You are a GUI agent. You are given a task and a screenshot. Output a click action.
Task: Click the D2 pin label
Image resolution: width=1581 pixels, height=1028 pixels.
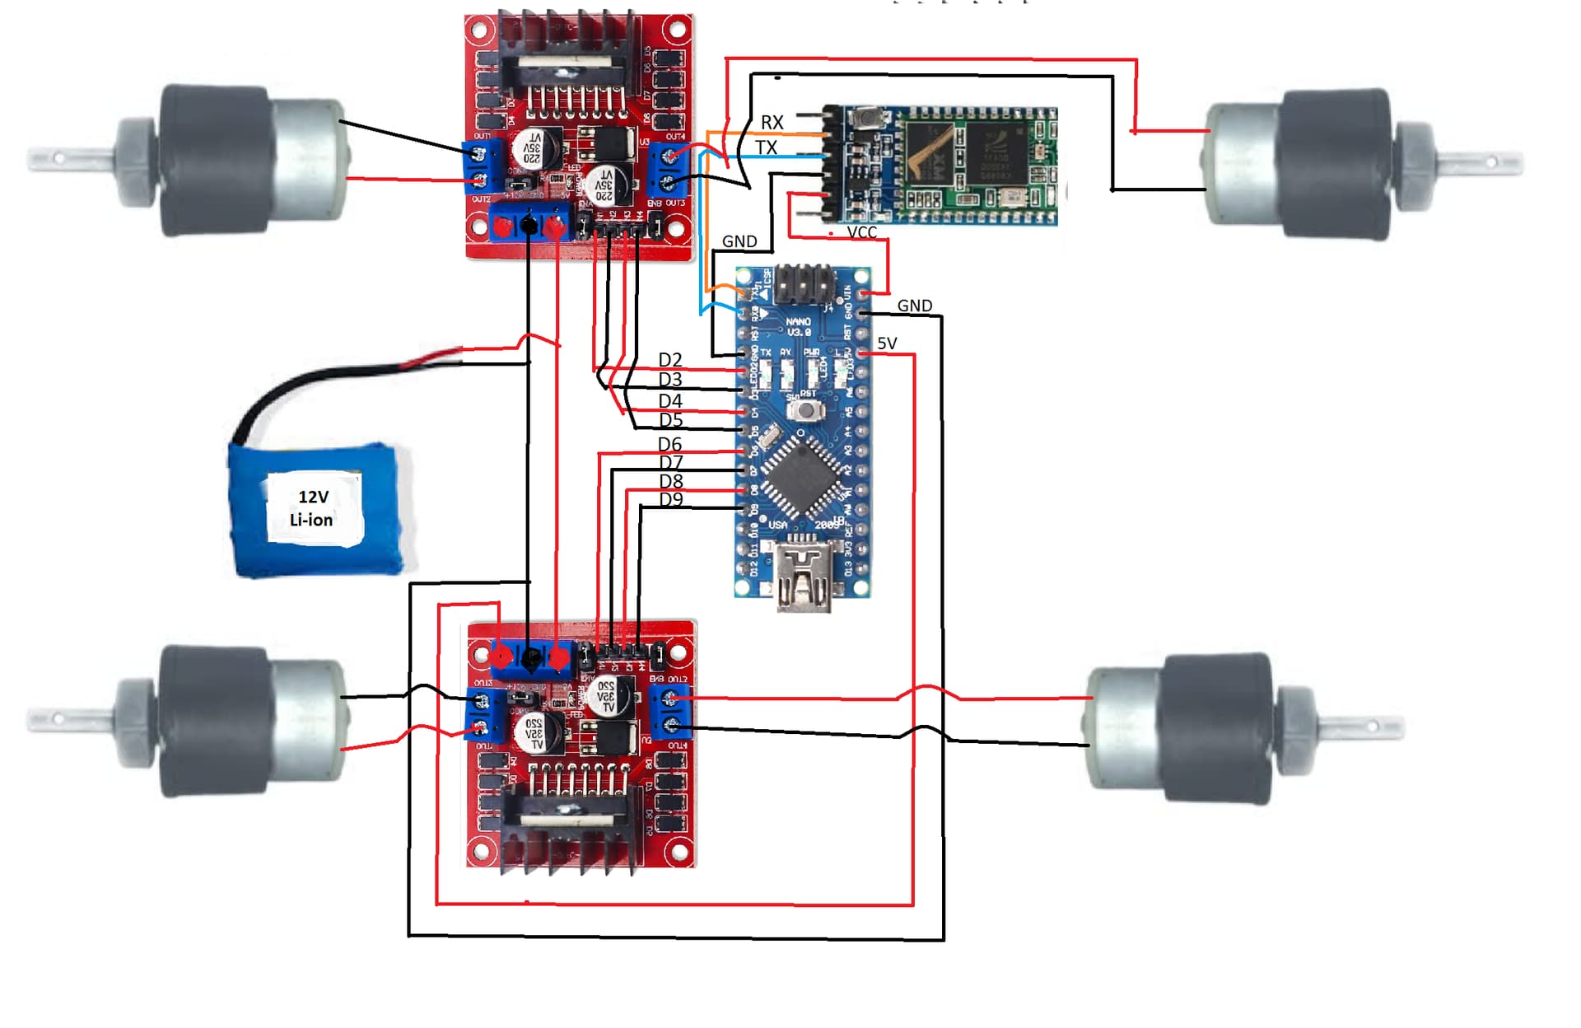(x=670, y=360)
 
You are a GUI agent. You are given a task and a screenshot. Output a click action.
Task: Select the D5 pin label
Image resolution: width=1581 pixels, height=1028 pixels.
(x=671, y=420)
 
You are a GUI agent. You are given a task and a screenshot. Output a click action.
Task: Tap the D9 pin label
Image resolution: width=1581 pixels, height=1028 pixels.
(x=671, y=499)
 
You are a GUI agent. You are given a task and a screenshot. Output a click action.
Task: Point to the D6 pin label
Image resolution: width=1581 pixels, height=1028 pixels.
(x=669, y=445)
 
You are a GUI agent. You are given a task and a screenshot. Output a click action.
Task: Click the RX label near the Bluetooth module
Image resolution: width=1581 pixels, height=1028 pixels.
(x=772, y=123)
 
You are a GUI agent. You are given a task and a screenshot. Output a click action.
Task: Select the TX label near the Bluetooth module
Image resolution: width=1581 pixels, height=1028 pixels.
(x=766, y=147)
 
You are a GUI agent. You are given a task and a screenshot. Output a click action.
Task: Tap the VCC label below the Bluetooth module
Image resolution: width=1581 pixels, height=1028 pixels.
(x=861, y=233)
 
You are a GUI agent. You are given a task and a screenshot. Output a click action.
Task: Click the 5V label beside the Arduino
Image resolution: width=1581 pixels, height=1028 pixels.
(x=887, y=343)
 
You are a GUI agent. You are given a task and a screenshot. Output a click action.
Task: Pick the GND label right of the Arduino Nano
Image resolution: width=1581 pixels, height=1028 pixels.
(x=914, y=306)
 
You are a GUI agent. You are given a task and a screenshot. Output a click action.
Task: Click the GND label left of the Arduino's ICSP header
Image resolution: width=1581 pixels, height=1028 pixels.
(x=739, y=241)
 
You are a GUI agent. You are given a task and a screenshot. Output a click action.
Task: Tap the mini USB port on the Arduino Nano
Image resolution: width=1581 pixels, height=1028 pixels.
(x=804, y=572)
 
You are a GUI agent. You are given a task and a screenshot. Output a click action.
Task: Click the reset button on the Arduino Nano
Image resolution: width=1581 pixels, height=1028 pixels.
(x=808, y=409)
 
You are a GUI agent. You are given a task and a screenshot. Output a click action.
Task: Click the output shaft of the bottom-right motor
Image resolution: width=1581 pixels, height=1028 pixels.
(x=1359, y=726)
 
